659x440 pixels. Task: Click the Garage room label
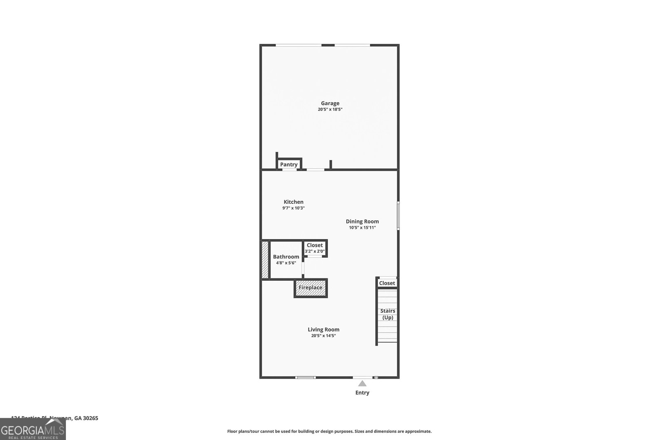(x=330, y=103)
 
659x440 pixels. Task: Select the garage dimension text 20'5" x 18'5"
(x=330, y=110)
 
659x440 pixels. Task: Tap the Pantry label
(x=289, y=165)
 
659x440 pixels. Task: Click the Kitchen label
(x=293, y=202)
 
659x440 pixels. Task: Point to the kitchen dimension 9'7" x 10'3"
(x=293, y=208)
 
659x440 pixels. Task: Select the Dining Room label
(x=362, y=221)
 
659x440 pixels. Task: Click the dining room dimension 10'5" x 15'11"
(x=362, y=228)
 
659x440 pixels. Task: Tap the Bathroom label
(x=286, y=256)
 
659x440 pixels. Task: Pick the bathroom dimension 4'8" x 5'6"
(x=286, y=263)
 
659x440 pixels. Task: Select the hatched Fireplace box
(x=311, y=287)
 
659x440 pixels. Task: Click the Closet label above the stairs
(x=387, y=283)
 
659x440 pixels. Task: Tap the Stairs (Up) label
(x=388, y=314)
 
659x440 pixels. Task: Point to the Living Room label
(x=323, y=329)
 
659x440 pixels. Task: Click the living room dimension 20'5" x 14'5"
(x=323, y=336)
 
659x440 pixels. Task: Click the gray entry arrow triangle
(x=362, y=384)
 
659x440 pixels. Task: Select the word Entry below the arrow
(x=362, y=393)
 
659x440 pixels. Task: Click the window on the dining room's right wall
(x=398, y=215)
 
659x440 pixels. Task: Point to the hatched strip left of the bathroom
(x=265, y=259)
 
